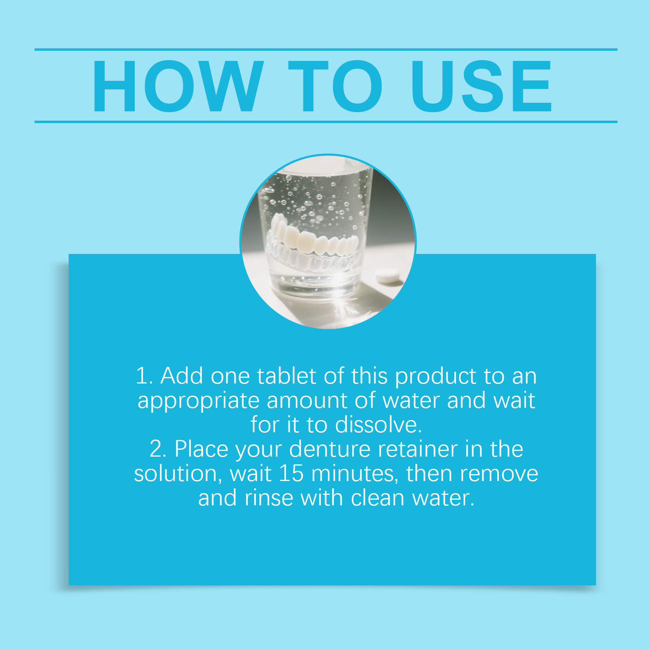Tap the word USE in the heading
pyautogui.click(x=481, y=86)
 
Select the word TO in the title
pyautogui.click(x=335, y=86)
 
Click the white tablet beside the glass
pyautogui.click(x=387, y=276)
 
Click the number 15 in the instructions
pyautogui.click(x=291, y=473)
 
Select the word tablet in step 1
pyautogui.click(x=286, y=376)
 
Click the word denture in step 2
pyautogui.click(x=330, y=449)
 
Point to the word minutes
pyautogui.click(x=355, y=474)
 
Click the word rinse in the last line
pyautogui.click(x=269, y=498)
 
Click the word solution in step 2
pyautogui.click(x=178, y=474)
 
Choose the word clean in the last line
pyautogui.click(x=377, y=498)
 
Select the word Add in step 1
pyautogui.click(x=182, y=376)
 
